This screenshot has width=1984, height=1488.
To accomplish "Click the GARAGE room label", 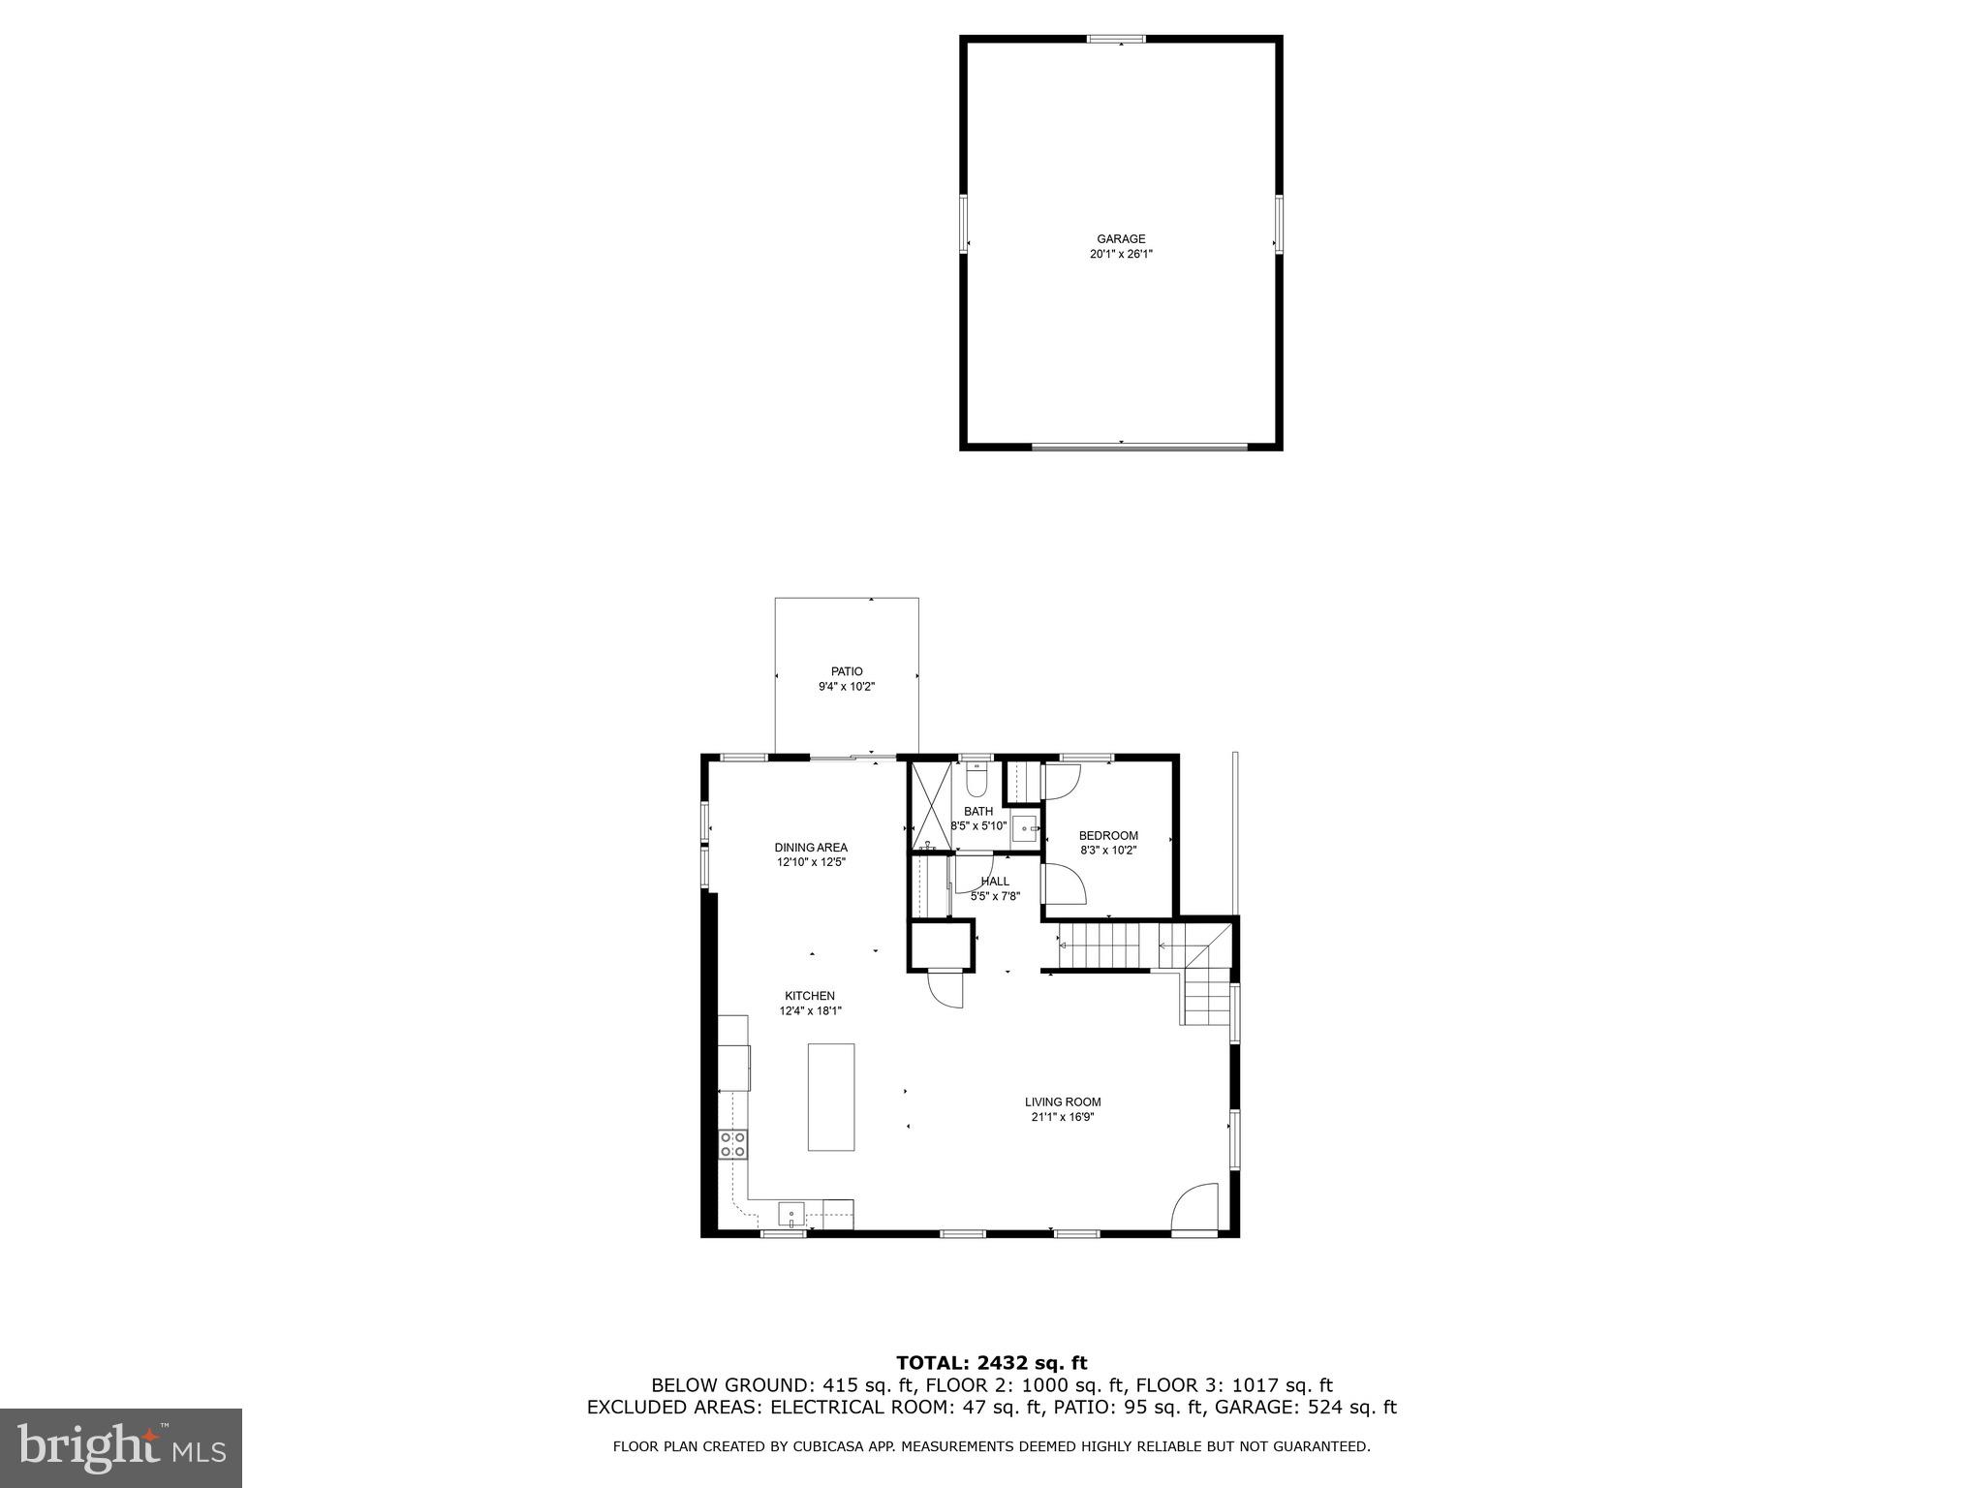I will pos(1121,239).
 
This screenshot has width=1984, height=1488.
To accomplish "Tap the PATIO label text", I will pos(846,671).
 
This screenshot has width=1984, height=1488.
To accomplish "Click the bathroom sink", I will pos(1025,829).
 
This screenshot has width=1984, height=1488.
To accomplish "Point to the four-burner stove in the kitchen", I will pos(732,1144).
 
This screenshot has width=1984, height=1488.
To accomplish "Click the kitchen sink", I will pos(791,1214).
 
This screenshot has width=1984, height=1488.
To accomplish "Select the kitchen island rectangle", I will pos(831,1097).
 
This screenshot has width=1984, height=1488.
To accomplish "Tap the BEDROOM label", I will pos(1108,836).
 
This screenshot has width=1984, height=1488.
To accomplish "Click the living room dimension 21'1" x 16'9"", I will pos(1063,1117).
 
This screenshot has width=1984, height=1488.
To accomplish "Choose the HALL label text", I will pos(995,882).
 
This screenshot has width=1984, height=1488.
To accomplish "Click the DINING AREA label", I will pos(811,848).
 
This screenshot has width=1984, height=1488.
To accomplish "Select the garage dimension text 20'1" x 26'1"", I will pos(1121,255).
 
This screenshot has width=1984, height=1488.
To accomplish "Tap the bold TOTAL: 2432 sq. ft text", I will pos(991,1364).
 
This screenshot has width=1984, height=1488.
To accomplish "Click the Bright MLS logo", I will pos(121,1448).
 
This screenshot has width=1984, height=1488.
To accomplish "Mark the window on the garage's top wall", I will pos(1115,40).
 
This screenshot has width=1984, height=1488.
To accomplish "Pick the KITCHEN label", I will pos(810,996).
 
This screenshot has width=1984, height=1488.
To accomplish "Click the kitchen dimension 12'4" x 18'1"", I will pos(810,1011).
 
